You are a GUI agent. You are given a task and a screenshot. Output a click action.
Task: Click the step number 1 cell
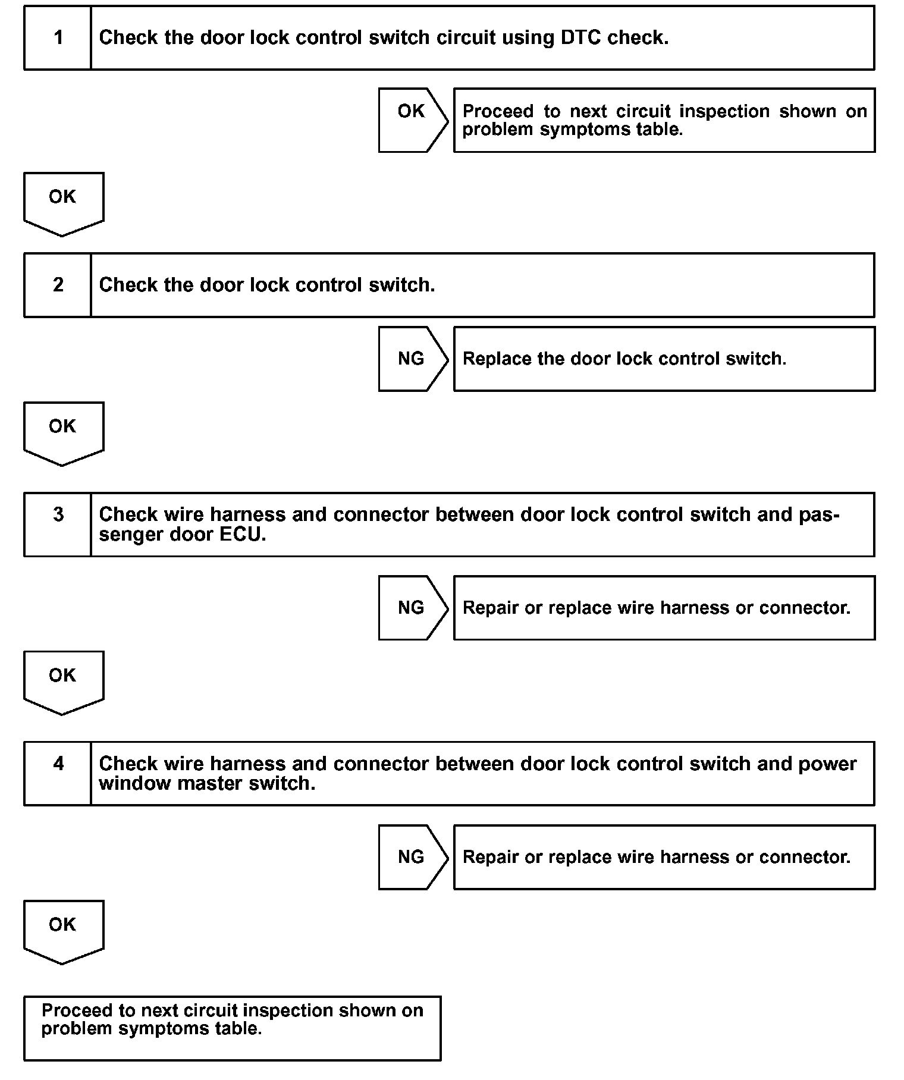pos(58,38)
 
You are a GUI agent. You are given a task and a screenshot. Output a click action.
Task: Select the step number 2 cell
pos(58,285)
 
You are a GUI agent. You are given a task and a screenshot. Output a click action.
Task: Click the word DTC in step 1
pos(580,37)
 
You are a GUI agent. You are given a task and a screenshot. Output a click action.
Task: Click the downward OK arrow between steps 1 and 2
pos(63,203)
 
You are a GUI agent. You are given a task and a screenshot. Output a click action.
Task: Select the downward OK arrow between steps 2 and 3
pos(63,432)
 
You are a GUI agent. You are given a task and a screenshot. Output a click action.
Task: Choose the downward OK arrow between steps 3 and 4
pos(63,682)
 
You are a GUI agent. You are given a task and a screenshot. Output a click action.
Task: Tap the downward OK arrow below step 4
pos(63,931)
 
